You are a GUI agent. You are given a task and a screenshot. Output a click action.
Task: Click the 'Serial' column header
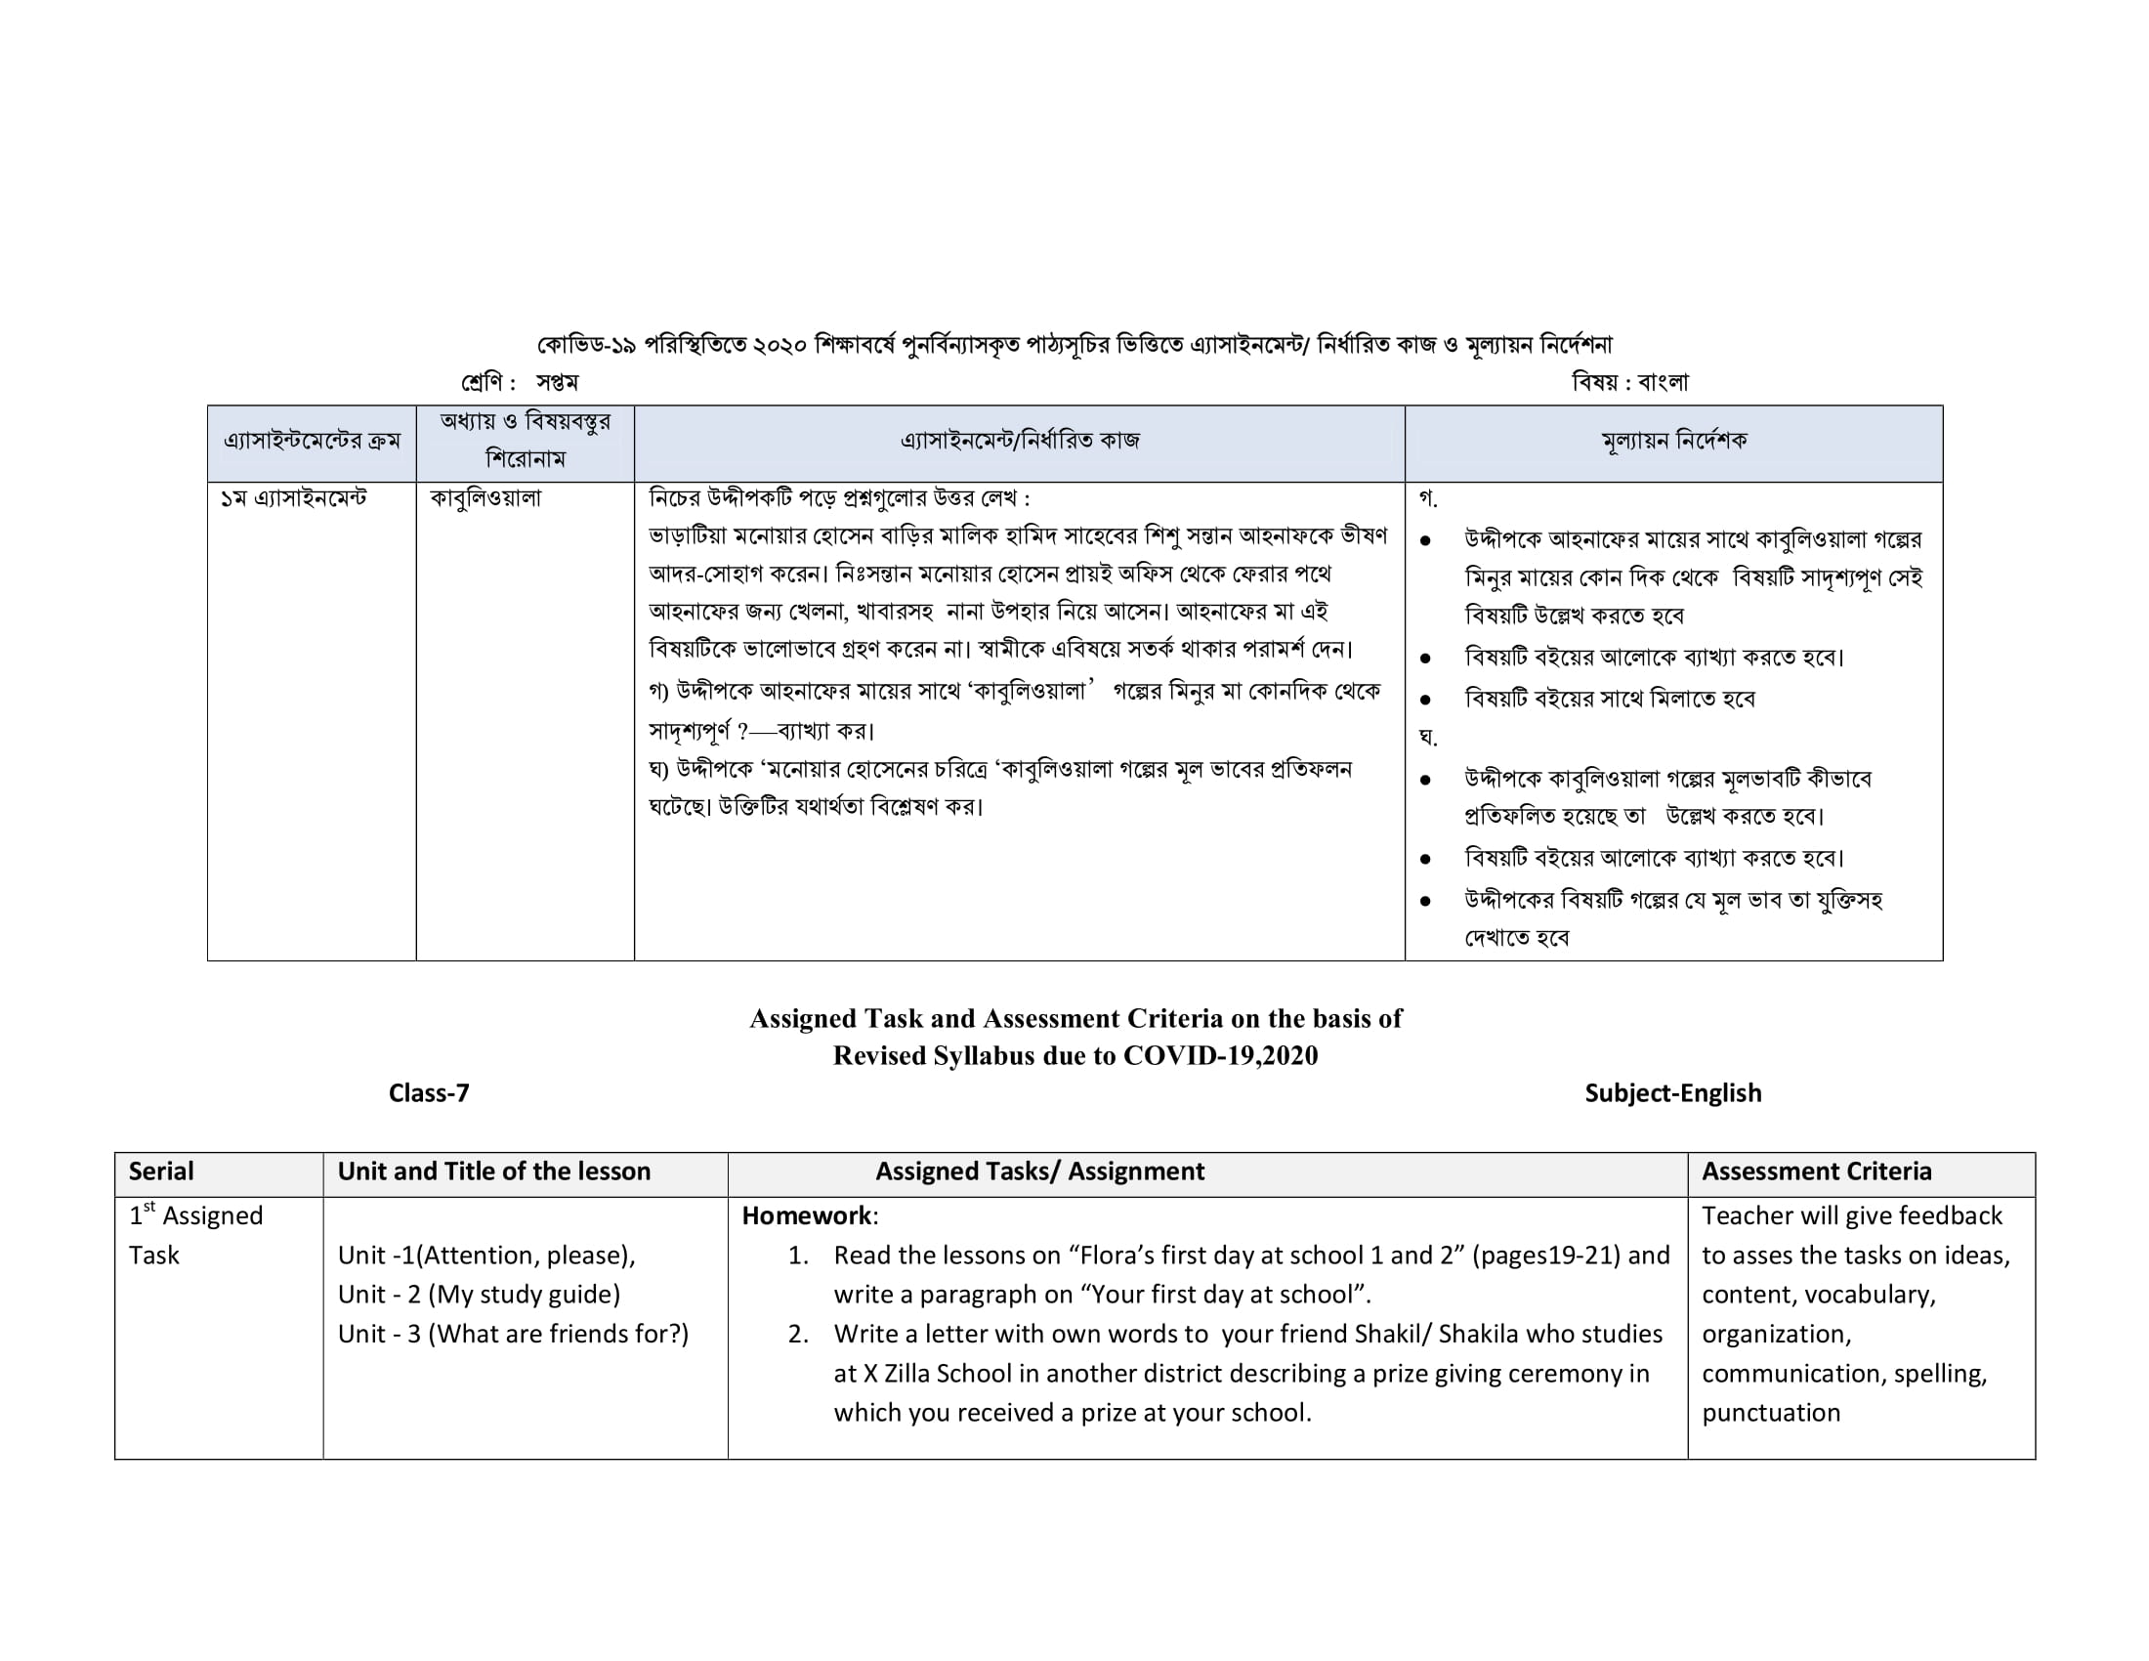coord(161,1171)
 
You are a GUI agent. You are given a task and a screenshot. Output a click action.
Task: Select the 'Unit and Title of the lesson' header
coord(494,1171)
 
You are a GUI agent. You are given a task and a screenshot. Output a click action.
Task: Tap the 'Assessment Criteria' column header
coord(1817,1171)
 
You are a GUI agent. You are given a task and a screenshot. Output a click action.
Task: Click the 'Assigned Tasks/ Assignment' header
coord(1039,1171)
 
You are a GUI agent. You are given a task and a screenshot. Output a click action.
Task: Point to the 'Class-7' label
coord(429,1093)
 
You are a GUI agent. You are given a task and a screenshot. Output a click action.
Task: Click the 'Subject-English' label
coord(1672,1093)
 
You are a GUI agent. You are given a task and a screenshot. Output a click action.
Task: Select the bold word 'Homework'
coord(806,1216)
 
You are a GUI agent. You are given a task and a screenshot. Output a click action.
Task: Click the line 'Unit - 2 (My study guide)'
coord(480,1294)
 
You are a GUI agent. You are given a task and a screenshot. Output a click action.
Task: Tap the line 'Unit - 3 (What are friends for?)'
coord(513,1334)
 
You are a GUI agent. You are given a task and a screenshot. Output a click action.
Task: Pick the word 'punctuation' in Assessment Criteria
coord(1770,1412)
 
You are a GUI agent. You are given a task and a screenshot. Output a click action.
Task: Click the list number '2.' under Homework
coord(798,1335)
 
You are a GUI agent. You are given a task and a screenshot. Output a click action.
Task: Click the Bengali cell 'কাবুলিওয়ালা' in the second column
coord(486,498)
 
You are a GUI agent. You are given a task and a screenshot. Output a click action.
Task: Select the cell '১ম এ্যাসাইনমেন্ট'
coord(293,499)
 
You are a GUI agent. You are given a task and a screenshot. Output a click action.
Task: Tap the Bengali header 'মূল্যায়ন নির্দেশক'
coord(1673,441)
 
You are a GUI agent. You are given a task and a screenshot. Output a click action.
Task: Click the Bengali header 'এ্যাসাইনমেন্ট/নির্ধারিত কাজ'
coord(1020,441)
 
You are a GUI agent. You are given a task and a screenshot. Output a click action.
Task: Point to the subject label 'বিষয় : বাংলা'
coord(1629,382)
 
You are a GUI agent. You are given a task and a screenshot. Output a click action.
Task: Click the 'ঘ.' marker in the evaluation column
coord(1428,737)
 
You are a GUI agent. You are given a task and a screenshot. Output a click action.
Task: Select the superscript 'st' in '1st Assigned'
coord(149,1208)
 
